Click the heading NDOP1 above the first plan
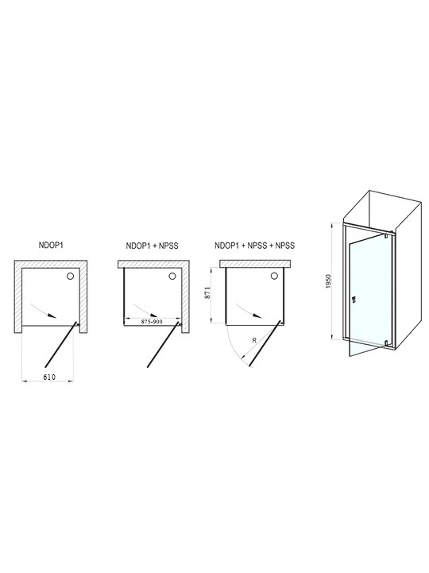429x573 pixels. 51,246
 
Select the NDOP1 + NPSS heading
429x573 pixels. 152,246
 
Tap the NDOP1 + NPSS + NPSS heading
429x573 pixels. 255,246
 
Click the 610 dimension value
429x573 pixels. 49,377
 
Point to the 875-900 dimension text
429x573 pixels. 151,322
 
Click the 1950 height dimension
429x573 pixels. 328,282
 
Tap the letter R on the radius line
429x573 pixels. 254,340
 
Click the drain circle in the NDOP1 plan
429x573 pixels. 70,277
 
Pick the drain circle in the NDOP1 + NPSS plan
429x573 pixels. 172,277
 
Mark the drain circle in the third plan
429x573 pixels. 274,277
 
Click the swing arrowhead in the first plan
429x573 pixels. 53,316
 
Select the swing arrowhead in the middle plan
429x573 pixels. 155,316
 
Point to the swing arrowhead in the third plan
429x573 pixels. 257,316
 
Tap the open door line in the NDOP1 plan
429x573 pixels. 61,344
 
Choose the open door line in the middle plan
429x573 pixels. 164,344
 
